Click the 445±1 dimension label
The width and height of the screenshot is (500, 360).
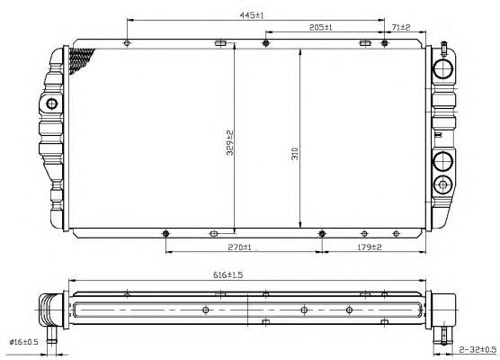pos(252,15)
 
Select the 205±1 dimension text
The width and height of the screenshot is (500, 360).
pos(321,27)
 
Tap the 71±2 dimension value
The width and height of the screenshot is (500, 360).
pos(401,27)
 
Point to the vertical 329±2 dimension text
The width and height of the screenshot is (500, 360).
pos(229,143)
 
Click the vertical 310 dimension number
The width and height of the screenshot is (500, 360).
pos(295,154)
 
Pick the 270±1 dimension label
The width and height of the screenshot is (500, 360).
pos(239,247)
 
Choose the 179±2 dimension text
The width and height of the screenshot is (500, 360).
pos(370,247)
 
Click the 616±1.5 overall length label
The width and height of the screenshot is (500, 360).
pos(228,274)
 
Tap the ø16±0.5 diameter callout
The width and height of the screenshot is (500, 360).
pos(24,342)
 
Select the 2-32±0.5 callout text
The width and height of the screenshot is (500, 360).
pos(478,349)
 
